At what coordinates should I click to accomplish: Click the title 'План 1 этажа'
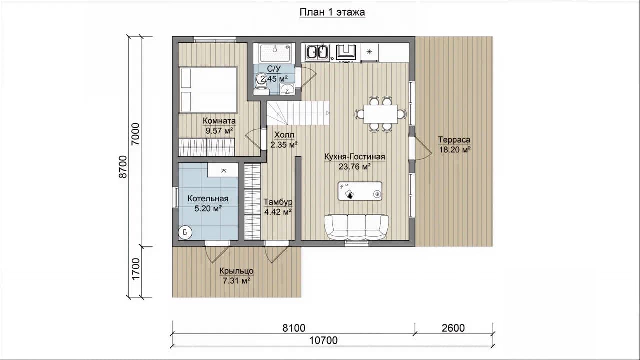pyautogui.click(x=332, y=12)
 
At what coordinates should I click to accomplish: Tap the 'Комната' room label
pyautogui.click(x=219, y=121)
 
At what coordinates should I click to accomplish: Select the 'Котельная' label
pyautogui.click(x=208, y=199)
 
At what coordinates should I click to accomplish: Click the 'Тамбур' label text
pyautogui.click(x=278, y=202)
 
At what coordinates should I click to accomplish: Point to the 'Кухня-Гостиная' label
pyautogui.click(x=355, y=157)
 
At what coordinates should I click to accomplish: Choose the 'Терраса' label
pyautogui.click(x=454, y=140)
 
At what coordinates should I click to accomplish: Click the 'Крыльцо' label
pyautogui.click(x=236, y=271)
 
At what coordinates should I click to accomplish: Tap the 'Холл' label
pyautogui.click(x=284, y=135)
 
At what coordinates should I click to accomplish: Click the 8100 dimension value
pyautogui.click(x=294, y=328)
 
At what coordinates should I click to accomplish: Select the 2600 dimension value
pyautogui.click(x=453, y=328)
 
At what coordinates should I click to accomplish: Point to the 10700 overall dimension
pyautogui.click(x=323, y=340)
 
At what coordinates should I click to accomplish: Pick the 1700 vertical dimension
pyautogui.click(x=136, y=269)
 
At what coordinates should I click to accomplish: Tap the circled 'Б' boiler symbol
pyautogui.click(x=185, y=232)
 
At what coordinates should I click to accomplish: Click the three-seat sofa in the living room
pyautogui.click(x=356, y=227)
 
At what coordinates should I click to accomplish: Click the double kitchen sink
pyautogui.click(x=317, y=52)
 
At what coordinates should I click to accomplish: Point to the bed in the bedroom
pyautogui.click(x=208, y=90)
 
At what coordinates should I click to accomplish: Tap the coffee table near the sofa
pyautogui.click(x=360, y=191)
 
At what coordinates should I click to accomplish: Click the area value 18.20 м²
pyautogui.click(x=455, y=150)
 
